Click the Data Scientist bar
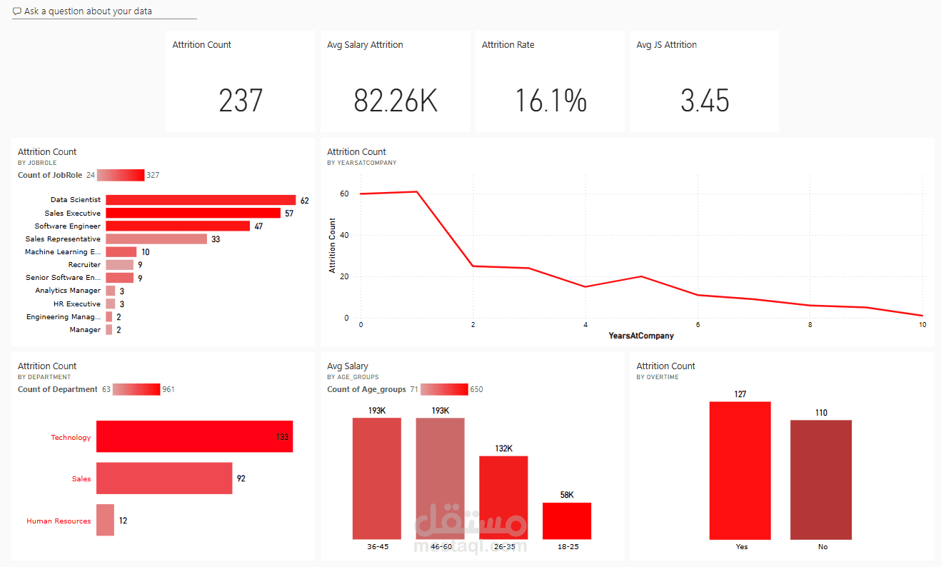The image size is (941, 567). (x=201, y=200)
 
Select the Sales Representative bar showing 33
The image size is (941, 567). (x=156, y=239)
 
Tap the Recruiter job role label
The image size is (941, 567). (x=84, y=265)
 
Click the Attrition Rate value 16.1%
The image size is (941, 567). (x=550, y=101)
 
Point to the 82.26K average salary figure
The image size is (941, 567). (x=396, y=101)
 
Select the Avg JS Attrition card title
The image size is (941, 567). (x=666, y=45)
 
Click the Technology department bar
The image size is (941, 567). (x=194, y=436)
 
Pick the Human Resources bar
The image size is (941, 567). (x=105, y=520)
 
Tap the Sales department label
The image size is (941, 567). (x=81, y=478)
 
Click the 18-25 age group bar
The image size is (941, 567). (x=567, y=521)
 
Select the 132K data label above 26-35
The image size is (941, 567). (x=503, y=448)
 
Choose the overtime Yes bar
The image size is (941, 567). (x=740, y=471)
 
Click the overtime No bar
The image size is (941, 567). (x=821, y=479)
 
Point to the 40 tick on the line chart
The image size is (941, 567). (x=344, y=235)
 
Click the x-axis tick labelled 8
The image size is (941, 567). (x=810, y=325)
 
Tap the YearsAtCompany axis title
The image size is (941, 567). (x=640, y=336)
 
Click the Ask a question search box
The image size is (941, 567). (x=104, y=11)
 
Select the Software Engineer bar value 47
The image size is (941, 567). (x=258, y=226)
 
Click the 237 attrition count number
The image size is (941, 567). (x=241, y=101)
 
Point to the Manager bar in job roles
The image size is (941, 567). (x=109, y=330)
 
